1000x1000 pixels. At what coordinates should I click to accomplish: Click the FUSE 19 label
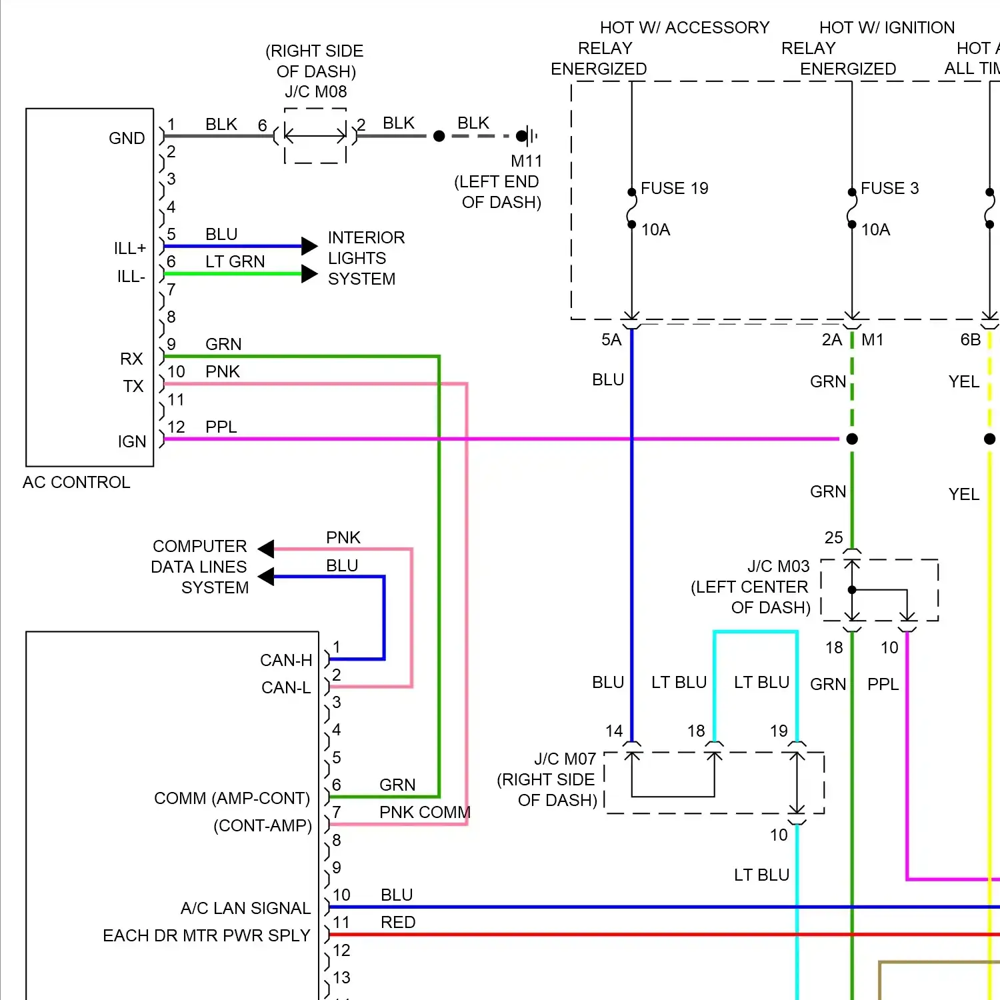(x=674, y=189)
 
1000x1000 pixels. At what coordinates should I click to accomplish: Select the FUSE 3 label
(x=889, y=189)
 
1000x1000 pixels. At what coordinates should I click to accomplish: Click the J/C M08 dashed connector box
(x=315, y=136)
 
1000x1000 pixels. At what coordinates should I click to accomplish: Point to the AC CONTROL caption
(x=76, y=482)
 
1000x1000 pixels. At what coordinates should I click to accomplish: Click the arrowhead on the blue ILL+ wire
(x=309, y=246)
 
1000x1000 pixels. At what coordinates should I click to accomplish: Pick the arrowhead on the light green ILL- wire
(x=309, y=273)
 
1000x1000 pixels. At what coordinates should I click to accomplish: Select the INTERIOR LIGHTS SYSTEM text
(x=365, y=258)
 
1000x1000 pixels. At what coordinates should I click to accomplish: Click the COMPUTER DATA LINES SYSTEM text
(x=200, y=567)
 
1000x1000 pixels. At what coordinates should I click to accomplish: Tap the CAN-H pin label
(x=286, y=660)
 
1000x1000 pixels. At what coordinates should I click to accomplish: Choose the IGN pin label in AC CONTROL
(x=131, y=441)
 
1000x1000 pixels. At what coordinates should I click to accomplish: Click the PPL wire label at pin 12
(x=221, y=427)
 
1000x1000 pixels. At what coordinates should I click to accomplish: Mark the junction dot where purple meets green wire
(x=852, y=439)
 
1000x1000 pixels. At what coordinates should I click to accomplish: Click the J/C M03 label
(x=778, y=566)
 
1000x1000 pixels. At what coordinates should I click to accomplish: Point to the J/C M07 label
(x=565, y=759)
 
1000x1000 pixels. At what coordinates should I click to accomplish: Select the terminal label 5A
(x=611, y=340)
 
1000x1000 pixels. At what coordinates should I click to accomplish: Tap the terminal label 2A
(x=831, y=340)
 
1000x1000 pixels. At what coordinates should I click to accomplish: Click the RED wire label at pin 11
(x=398, y=922)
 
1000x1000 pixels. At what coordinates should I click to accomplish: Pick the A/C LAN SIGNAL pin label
(x=245, y=908)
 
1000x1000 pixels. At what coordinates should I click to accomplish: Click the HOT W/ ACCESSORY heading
(x=684, y=27)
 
